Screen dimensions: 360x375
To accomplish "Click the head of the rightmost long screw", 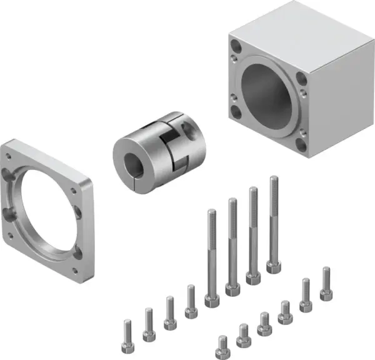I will [x=274, y=266].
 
